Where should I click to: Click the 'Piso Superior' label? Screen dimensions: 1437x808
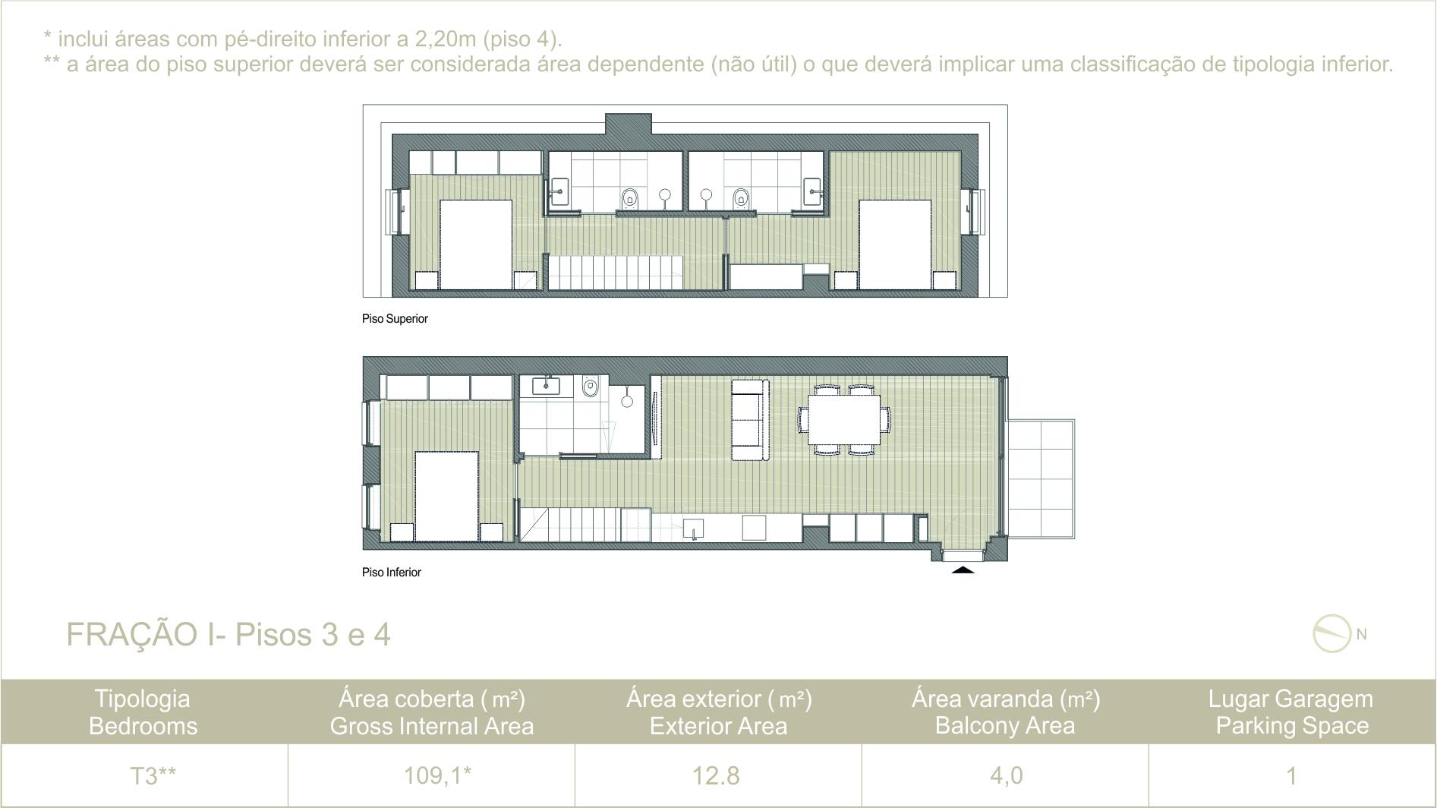pos(395,319)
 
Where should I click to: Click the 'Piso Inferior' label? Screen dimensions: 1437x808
pos(391,573)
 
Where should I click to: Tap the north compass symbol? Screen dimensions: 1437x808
pos(1332,634)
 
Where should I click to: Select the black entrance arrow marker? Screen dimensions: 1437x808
pos(963,569)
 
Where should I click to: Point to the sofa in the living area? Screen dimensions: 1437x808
pos(750,419)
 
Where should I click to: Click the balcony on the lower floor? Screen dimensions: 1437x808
pos(1041,479)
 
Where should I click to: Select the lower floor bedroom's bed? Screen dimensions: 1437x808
pos(446,497)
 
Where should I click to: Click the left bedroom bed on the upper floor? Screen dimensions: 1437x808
pos(476,245)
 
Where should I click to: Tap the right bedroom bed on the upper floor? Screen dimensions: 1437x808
pos(895,245)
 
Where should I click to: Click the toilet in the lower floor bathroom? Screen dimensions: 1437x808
pos(591,388)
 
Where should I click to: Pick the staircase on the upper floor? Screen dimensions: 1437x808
pos(615,272)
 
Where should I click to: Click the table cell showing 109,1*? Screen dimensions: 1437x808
pos(437,775)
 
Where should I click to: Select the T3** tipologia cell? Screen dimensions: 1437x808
pos(153,775)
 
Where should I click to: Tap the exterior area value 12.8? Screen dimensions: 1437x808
pos(716,775)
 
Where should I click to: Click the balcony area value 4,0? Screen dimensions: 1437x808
pos(1006,775)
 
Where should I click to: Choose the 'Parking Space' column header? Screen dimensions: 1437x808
pos(1292,726)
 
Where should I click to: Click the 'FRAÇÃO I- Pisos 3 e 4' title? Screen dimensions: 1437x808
pos(228,634)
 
